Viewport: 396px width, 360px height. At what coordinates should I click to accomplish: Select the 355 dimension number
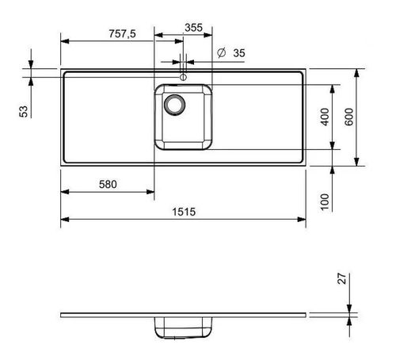(x=192, y=27)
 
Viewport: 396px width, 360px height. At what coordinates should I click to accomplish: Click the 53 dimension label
(x=24, y=111)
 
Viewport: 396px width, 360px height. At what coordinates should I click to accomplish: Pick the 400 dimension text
(x=322, y=117)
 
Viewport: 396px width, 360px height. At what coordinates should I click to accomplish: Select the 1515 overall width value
(x=182, y=211)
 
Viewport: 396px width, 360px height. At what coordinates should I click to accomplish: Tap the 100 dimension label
(x=325, y=201)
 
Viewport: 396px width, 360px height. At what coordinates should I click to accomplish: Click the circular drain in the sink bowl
(x=173, y=103)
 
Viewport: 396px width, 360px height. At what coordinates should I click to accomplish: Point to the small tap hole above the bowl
(x=183, y=77)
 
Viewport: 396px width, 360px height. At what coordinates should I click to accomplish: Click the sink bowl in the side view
(x=183, y=324)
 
